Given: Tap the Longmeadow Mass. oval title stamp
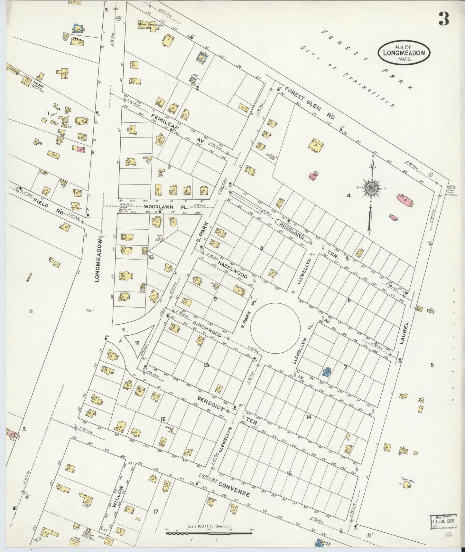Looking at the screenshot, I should pyautogui.click(x=404, y=53).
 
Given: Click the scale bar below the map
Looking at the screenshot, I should pyautogui.click(x=209, y=533).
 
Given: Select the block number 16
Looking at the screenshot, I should pyautogui.click(x=163, y=419).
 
